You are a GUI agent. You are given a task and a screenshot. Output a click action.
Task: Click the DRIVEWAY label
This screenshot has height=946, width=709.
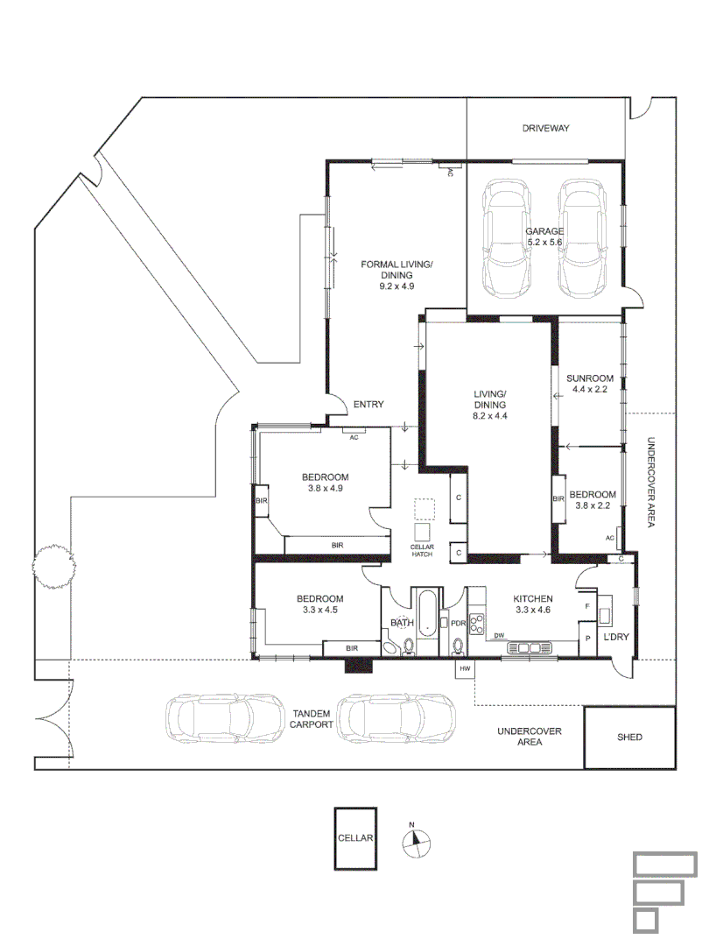545,128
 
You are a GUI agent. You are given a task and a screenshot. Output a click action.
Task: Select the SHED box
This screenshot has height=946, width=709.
629,738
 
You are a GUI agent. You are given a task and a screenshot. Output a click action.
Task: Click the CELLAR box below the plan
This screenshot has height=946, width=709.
355,838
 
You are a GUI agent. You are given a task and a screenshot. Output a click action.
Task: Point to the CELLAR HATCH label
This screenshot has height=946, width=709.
422,550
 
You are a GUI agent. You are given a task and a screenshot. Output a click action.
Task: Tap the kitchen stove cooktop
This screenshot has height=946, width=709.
478,624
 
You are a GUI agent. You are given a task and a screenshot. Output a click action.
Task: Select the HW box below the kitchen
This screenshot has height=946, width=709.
464,668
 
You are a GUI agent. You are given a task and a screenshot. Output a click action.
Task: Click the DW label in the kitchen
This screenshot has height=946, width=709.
499,635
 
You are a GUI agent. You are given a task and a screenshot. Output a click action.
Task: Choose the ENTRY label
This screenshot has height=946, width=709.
369,404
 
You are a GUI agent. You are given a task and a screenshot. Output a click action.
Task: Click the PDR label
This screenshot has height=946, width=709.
458,623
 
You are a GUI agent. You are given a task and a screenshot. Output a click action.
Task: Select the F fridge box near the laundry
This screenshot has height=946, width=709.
586,605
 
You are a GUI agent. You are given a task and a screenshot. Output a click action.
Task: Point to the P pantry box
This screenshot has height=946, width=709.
586,639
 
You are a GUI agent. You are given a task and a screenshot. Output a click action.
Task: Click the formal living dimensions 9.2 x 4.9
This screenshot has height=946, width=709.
396,286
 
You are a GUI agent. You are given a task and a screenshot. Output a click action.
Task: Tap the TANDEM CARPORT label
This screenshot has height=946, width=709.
312,719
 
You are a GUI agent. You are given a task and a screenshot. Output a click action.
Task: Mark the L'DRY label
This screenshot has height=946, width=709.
616,637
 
